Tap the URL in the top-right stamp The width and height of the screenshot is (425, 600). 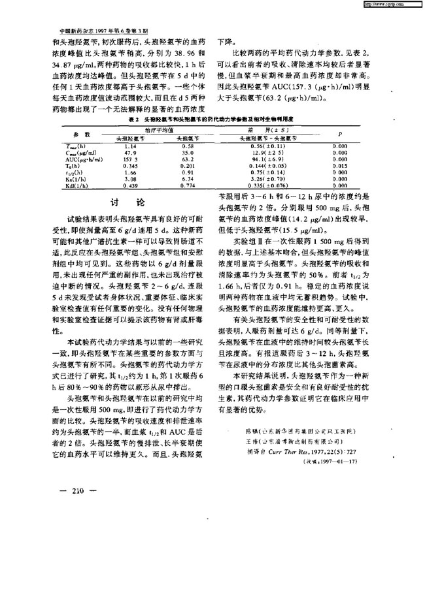[390, 5]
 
